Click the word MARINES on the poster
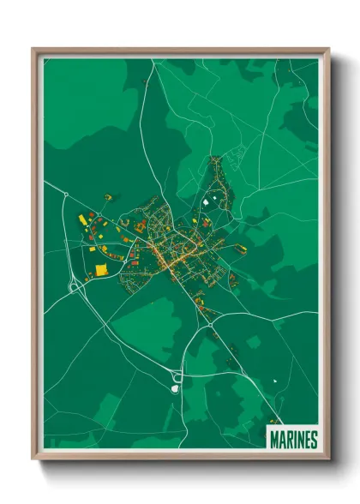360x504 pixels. pos(293,439)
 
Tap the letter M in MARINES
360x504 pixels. pos(273,439)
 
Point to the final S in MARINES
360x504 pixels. pos(314,439)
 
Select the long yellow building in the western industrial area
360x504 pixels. pos(83,220)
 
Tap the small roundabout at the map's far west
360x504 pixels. pos(65,195)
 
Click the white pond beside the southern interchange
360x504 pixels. pos(175,388)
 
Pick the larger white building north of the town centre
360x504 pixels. pos(207,200)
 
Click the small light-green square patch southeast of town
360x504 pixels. pos(252,341)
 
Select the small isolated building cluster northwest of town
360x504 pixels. pos(107,197)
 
